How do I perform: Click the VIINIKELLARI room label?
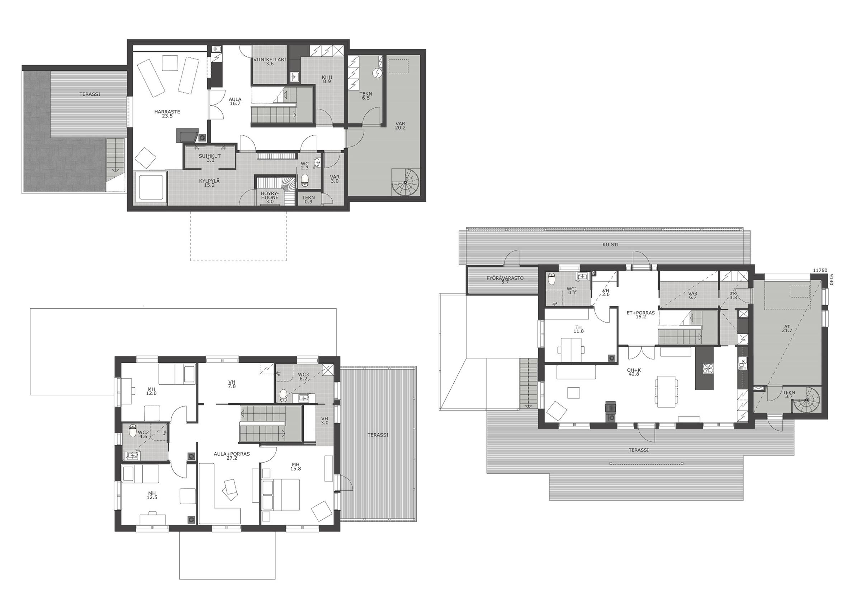tap(269, 59)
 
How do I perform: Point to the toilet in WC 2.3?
tap(305, 180)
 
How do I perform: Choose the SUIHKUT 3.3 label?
tap(210, 158)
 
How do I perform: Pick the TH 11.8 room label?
tap(578, 328)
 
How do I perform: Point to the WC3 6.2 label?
tap(304, 376)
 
